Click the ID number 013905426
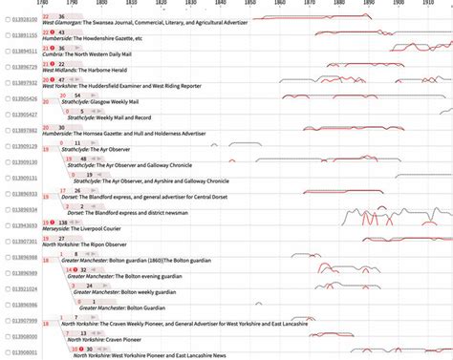pos(24,98)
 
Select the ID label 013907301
pos(24,242)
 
